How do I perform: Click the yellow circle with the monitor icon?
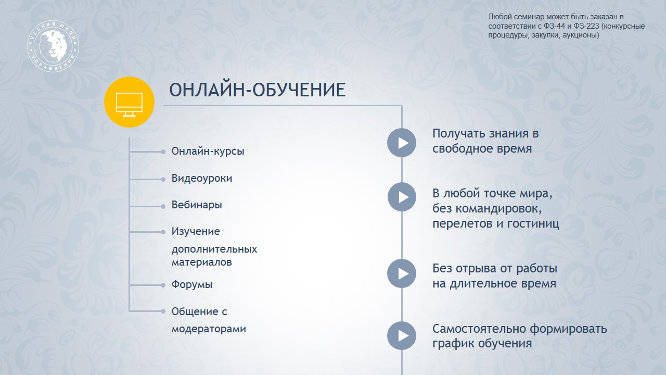(129, 102)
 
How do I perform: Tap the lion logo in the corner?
(53, 46)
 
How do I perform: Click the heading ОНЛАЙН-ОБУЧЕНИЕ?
(257, 90)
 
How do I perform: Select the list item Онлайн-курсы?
(208, 151)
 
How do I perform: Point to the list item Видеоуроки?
(201, 178)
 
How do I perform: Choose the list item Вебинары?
(197, 205)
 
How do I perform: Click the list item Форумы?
(192, 284)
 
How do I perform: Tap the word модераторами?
(209, 329)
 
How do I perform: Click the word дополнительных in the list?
(214, 249)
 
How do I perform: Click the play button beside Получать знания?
(402, 143)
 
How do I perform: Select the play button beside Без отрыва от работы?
(402, 273)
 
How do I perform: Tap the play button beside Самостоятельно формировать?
(402, 336)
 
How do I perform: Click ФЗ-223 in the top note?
(586, 26)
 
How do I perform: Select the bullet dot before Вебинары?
(163, 206)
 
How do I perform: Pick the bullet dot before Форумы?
(163, 285)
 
